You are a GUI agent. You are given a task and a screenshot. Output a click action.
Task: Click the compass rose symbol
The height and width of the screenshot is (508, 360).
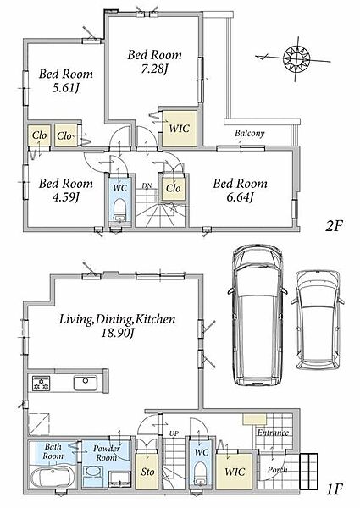click(296, 58)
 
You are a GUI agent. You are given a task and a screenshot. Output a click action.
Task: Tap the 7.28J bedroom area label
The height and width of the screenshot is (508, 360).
click(154, 69)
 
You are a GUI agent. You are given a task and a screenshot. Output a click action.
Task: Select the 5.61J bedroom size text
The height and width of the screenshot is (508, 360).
click(66, 88)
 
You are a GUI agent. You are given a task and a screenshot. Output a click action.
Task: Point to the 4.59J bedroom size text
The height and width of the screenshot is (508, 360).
click(66, 196)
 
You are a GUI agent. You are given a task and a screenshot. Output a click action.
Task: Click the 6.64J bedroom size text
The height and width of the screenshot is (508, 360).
click(240, 196)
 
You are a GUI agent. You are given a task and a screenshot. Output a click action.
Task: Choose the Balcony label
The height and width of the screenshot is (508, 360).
click(250, 133)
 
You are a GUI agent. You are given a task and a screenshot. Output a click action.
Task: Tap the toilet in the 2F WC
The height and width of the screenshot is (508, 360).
click(119, 209)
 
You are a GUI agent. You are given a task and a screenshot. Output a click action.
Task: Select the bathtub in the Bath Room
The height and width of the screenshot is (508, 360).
click(53, 478)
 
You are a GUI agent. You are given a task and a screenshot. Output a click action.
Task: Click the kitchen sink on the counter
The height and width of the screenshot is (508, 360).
click(85, 383)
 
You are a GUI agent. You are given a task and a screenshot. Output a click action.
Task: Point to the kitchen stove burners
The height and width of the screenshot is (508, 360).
click(41, 383)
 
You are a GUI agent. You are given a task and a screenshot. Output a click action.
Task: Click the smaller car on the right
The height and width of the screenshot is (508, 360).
click(318, 320)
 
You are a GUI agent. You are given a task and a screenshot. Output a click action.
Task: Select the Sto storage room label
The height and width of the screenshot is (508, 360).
click(147, 472)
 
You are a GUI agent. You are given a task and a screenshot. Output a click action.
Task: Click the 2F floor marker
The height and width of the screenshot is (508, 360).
click(334, 225)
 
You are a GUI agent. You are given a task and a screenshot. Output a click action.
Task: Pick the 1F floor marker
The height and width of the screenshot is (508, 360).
click(334, 489)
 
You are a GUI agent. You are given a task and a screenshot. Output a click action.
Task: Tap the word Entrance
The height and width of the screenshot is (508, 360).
click(273, 433)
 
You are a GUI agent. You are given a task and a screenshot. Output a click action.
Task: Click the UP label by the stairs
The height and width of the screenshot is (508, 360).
click(174, 433)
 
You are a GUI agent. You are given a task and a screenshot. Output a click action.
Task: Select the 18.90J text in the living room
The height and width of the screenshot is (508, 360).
click(117, 333)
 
